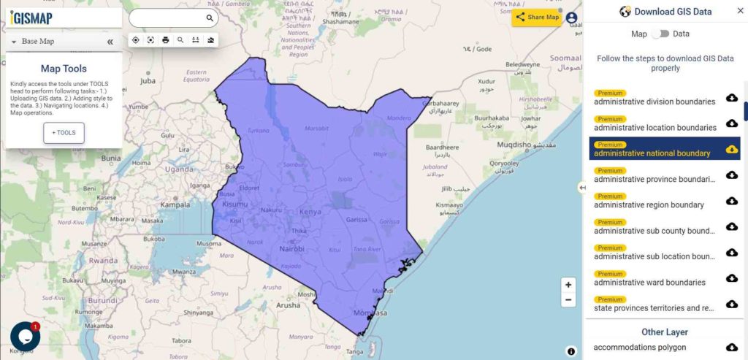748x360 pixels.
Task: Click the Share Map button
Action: click(x=537, y=18)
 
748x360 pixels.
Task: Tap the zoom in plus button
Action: click(x=568, y=285)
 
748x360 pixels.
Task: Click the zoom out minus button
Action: click(x=568, y=300)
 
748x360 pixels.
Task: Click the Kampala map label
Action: click(x=175, y=205)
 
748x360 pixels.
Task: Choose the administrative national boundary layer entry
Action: click(x=652, y=153)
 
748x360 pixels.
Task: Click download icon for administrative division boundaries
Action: click(x=731, y=98)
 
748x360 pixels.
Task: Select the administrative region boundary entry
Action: click(x=649, y=204)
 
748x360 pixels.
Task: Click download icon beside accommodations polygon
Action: click(x=731, y=347)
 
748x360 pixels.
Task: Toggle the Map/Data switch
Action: click(x=660, y=34)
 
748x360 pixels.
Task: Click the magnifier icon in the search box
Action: click(x=210, y=18)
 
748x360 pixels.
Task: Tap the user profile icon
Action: click(x=571, y=18)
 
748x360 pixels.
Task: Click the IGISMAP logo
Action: click(x=31, y=18)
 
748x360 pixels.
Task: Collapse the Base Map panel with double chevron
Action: click(x=110, y=42)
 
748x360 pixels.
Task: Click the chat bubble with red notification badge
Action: click(x=25, y=336)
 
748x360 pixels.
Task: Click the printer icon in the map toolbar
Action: click(x=166, y=40)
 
